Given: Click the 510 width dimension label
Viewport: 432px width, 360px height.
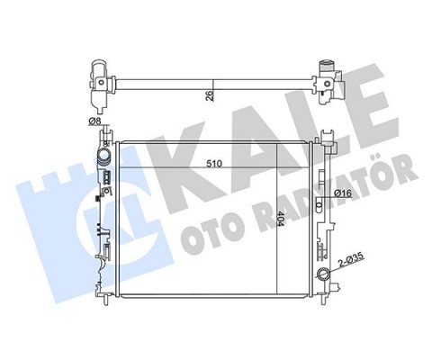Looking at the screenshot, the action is (x=214, y=164).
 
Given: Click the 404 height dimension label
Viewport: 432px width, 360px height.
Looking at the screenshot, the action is (x=281, y=219).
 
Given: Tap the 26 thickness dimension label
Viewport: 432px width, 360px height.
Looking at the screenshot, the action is (x=210, y=95).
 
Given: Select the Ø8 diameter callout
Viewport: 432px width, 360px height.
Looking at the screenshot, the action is (x=94, y=121).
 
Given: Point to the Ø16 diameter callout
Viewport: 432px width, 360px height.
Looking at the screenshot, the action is (x=343, y=193).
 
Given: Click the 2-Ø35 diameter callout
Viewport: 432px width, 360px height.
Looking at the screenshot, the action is (x=351, y=260).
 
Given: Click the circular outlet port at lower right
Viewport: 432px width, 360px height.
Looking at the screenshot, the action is (x=325, y=274).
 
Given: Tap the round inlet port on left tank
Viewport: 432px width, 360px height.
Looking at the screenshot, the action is (x=103, y=157).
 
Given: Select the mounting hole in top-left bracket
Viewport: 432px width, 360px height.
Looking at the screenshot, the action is (x=102, y=82).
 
